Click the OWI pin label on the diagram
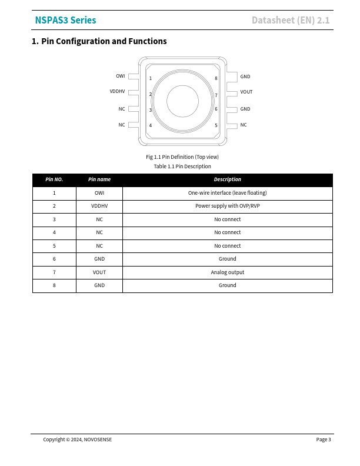(120, 76)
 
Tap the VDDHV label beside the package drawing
(117, 92)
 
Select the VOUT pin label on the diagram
(246, 92)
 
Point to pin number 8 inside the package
(216, 78)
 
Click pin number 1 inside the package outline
(150, 78)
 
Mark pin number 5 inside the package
(216, 125)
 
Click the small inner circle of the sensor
(183, 101)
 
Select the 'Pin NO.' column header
(54, 179)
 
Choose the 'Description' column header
(227, 179)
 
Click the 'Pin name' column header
(99, 179)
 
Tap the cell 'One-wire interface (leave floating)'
(227, 193)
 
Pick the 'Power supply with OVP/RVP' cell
(227, 206)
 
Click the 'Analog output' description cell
(227, 272)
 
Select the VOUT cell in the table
(99, 272)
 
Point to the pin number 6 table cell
(54, 259)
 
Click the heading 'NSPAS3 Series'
(65, 21)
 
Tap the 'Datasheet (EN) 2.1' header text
(291, 21)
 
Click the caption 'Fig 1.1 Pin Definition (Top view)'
(182, 157)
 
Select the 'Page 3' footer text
(324, 440)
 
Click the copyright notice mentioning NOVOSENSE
(77, 440)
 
